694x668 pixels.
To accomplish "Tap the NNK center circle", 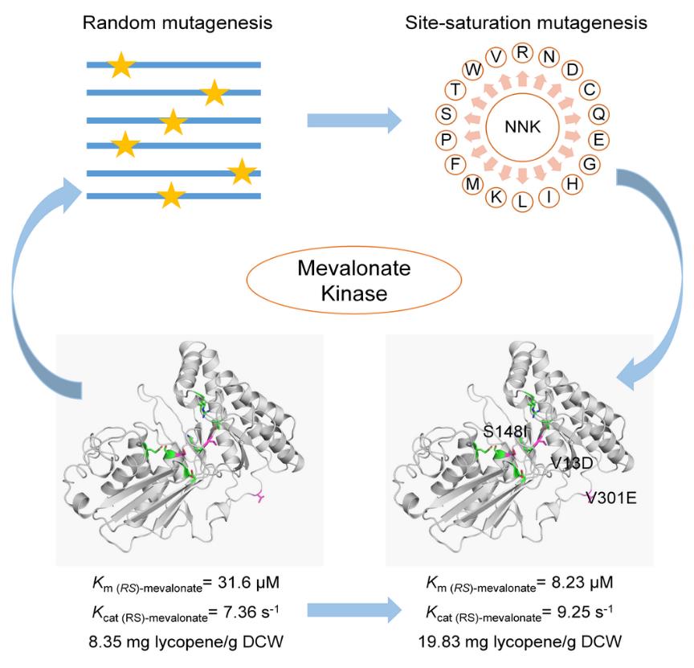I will tap(523, 128).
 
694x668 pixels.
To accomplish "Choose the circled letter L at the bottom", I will tap(523, 201).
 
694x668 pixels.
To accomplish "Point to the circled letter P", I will tap(444, 139).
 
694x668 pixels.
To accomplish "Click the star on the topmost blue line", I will tap(120, 65).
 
